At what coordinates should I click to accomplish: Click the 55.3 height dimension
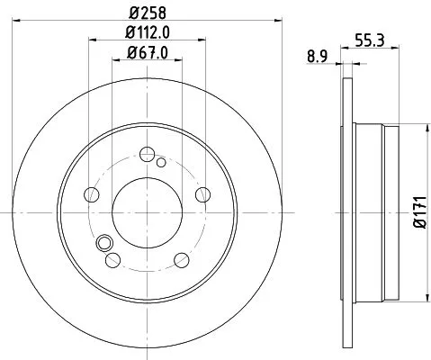click(x=365, y=39)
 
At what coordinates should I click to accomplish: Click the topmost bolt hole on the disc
click(x=145, y=154)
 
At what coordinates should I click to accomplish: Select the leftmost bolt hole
click(x=90, y=193)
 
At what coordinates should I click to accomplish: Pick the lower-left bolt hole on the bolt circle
click(x=112, y=259)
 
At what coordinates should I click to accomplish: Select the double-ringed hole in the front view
click(x=103, y=242)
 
